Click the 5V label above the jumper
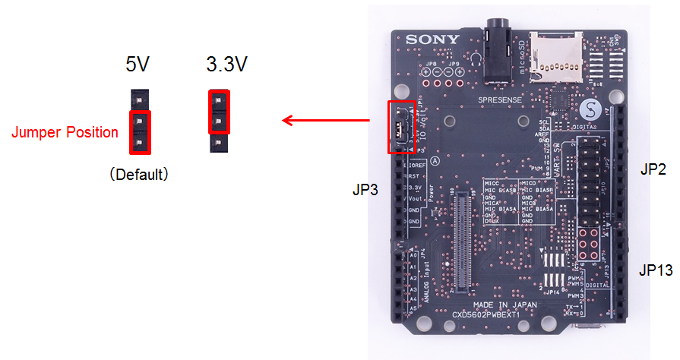[x=138, y=65]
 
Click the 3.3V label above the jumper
[x=226, y=65]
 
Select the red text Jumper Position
[x=65, y=133]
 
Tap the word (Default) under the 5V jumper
[x=138, y=174]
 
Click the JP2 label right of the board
[x=653, y=170]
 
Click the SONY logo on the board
[x=432, y=39]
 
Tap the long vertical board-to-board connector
[x=460, y=242]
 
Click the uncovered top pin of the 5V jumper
[x=139, y=97]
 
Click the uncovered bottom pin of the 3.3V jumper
[x=218, y=142]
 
